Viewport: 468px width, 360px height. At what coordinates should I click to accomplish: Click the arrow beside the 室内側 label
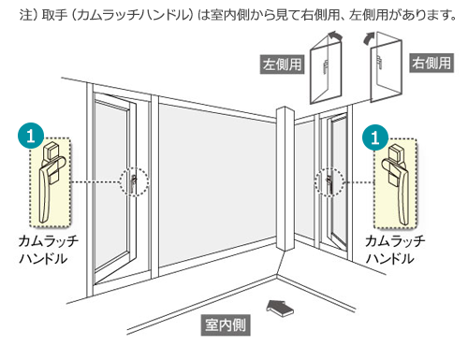[282, 306]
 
